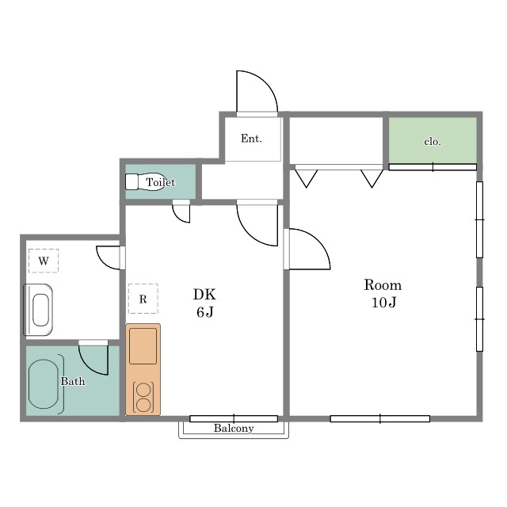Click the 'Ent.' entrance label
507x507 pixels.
click(251, 139)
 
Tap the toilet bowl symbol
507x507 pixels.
click(145, 181)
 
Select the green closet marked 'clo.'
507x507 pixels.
click(433, 140)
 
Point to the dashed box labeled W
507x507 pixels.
click(44, 261)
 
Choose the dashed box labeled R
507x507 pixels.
click(143, 299)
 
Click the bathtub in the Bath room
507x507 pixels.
click(44, 384)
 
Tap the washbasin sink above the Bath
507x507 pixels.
click(38, 310)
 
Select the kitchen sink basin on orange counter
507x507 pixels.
click(143, 346)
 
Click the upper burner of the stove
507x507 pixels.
click(143, 390)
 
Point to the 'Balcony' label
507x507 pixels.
click(234, 428)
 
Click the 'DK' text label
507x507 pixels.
click(204, 294)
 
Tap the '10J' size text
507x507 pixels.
click(383, 303)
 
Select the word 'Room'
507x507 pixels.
click(383, 285)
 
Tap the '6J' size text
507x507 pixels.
click(205, 312)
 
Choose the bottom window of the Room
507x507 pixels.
click(380, 419)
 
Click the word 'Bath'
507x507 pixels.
click(73, 381)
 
